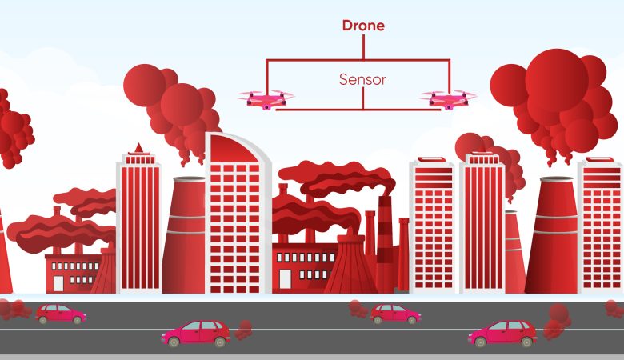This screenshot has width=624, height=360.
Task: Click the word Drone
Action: [363, 26]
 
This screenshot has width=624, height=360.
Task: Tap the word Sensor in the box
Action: [362, 80]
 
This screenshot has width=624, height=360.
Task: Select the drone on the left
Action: [265, 98]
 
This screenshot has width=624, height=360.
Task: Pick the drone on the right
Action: [448, 98]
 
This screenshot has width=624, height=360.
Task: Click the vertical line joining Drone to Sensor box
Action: [363, 47]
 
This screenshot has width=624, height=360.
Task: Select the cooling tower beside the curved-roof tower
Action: [186, 236]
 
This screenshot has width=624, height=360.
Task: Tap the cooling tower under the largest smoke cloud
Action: [552, 236]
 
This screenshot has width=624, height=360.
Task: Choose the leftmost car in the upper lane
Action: [60, 313]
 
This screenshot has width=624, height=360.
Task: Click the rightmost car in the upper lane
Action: [395, 313]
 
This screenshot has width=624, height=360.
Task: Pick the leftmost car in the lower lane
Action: [197, 333]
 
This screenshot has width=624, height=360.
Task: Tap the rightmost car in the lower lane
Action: [502, 333]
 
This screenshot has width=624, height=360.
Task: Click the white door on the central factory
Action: [286, 278]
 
